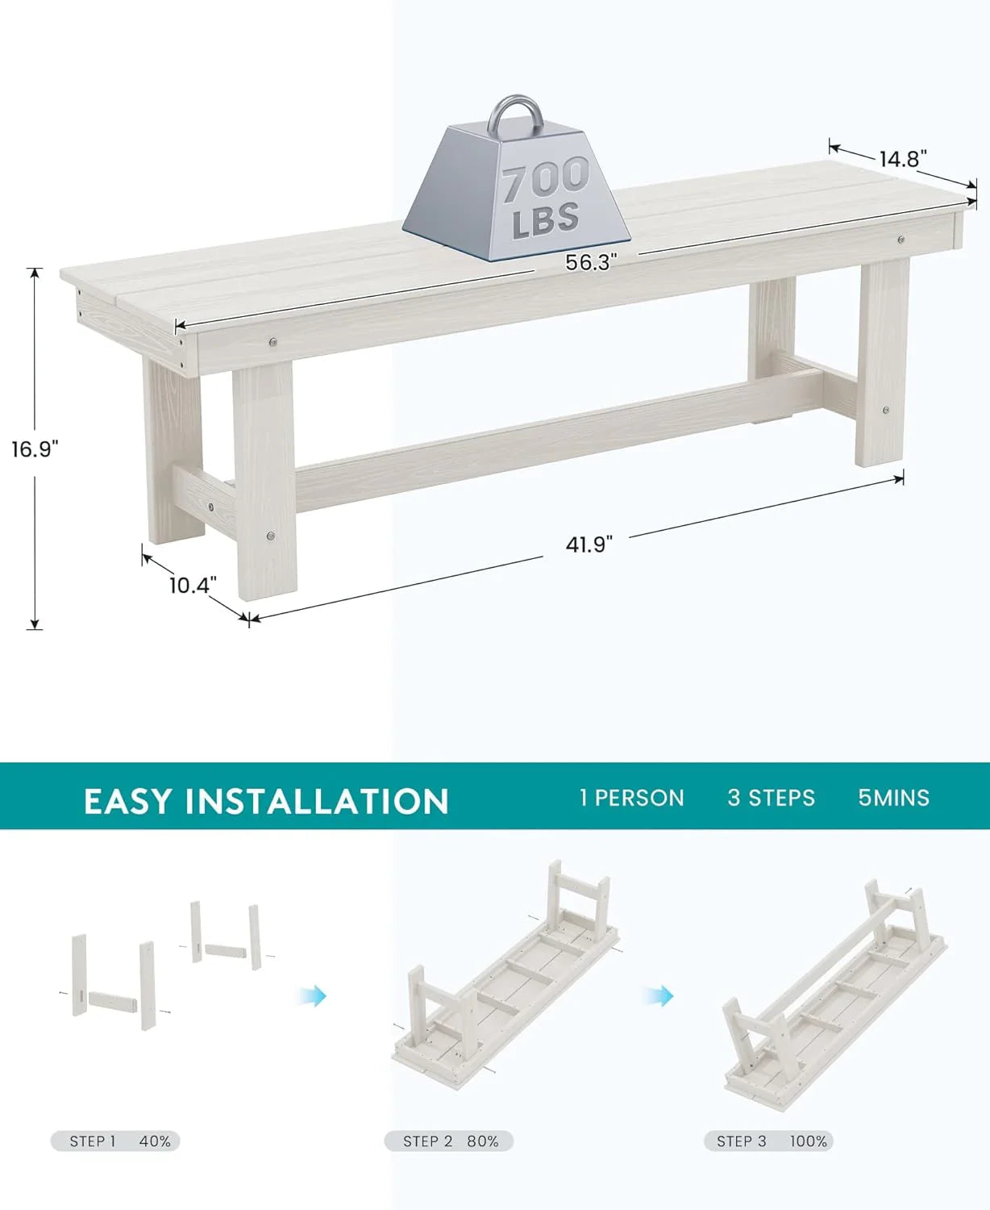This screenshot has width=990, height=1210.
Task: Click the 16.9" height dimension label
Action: click(x=35, y=449)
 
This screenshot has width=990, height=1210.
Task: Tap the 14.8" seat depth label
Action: click(x=904, y=159)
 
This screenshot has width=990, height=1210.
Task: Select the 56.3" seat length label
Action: click(x=591, y=262)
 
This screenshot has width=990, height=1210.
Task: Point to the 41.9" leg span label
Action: click(x=589, y=544)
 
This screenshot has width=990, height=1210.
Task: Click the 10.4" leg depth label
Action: click(x=193, y=585)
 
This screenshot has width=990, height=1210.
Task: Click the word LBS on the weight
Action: click(x=546, y=219)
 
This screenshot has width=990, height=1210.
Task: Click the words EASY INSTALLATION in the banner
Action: click(x=265, y=801)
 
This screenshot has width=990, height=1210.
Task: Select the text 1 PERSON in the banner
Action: click(x=631, y=798)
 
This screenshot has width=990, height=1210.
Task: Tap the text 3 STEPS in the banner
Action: click(x=771, y=798)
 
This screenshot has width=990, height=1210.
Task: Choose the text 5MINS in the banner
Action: click(x=893, y=798)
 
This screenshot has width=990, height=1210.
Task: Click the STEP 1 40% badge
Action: click(x=115, y=1141)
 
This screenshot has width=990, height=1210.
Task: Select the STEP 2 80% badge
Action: click(x=448, y=1141)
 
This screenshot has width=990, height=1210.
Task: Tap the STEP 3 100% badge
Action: click(x=768, y=1141)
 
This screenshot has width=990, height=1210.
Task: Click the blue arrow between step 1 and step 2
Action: click(x=314, y=996)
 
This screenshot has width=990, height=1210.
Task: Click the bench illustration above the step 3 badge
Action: click(x=834, y=999)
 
